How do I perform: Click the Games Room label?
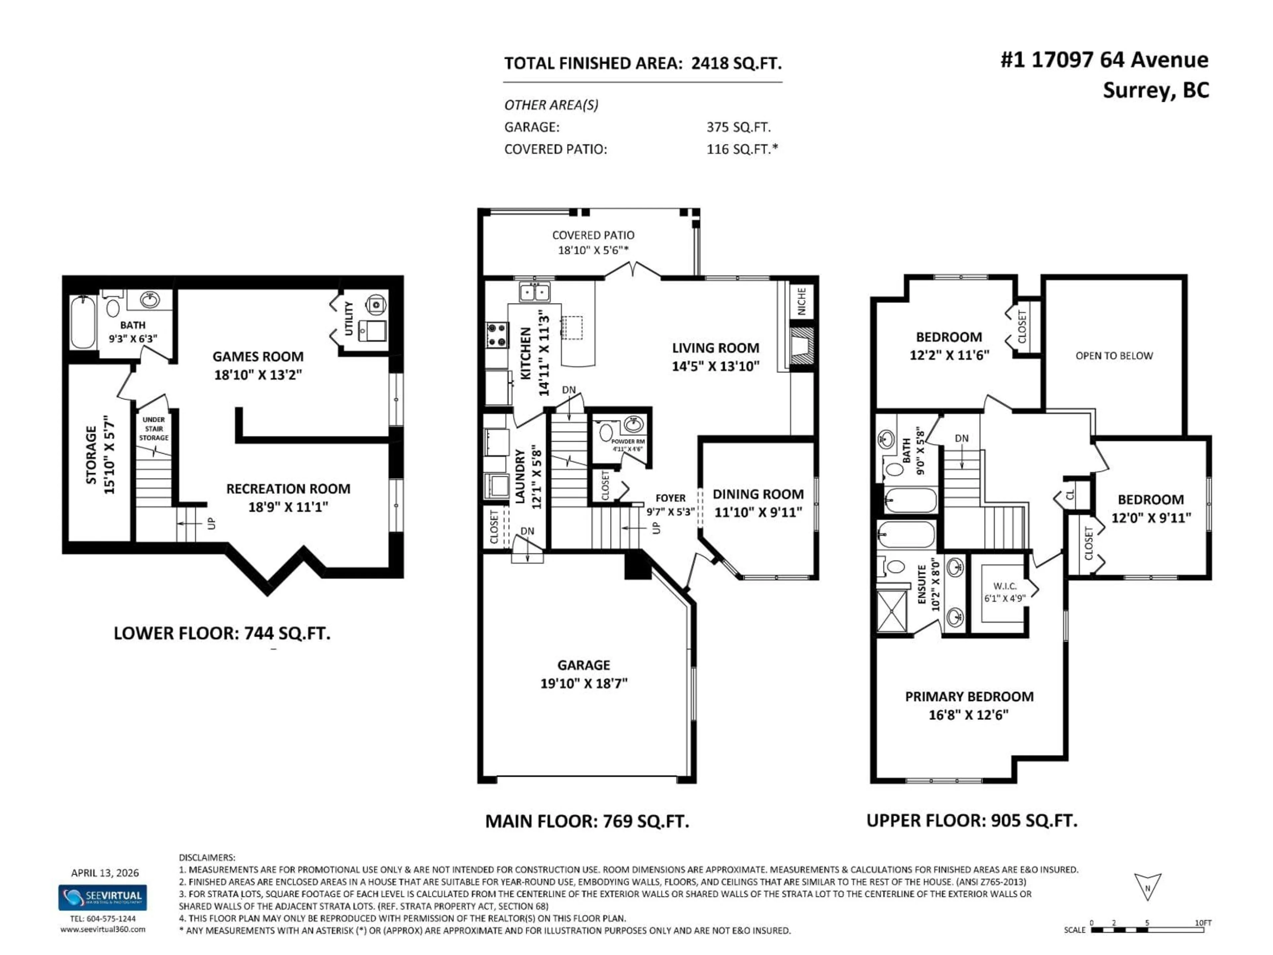tap(258, 356)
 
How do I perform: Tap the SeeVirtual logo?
tap(102, 897)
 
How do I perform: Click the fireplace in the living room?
tap(801, 346)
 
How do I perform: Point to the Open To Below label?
tap(1114, 356)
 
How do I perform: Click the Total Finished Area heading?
tap(642, 63)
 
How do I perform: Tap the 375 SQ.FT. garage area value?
tap(738, 127)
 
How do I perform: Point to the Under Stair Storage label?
tap(154, 429)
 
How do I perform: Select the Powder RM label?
tap(627, 442)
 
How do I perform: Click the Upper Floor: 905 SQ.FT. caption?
tap(971, 820)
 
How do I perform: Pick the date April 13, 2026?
tap(105, 873)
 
